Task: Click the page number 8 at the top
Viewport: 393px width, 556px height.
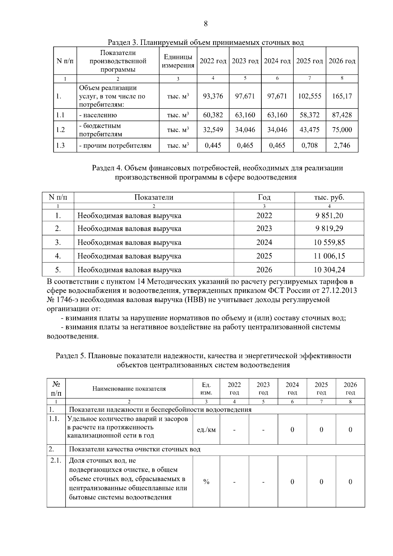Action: (206, 24)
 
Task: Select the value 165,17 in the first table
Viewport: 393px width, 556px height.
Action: (342, 96)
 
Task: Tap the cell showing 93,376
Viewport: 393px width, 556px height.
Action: (213, 96)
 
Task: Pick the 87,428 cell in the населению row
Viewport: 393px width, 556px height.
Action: (342, 115)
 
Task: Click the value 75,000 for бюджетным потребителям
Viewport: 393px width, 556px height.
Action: (342, 130)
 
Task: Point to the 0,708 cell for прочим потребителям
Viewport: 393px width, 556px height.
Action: (309, 145)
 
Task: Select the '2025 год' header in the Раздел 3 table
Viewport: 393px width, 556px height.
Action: (309, 61)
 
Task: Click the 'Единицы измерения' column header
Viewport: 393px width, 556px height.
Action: (178, 61)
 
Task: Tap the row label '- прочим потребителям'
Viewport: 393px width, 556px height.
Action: (115, 145)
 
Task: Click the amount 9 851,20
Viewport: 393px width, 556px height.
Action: (329, 216)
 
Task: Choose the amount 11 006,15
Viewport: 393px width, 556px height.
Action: (329, 256)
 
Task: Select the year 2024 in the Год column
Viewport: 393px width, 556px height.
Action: (264, 242)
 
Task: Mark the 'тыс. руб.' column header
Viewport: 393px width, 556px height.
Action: (329, 197)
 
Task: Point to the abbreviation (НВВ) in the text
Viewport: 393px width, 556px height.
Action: (196, 300)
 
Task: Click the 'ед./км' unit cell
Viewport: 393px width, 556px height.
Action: (206, 430)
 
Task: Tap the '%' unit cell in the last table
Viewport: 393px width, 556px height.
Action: (206, 482)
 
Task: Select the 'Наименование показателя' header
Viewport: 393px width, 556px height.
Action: (129, 389)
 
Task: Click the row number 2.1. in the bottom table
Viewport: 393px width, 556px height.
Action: (56, 461)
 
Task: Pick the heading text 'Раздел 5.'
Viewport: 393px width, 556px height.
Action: (71, 356)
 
